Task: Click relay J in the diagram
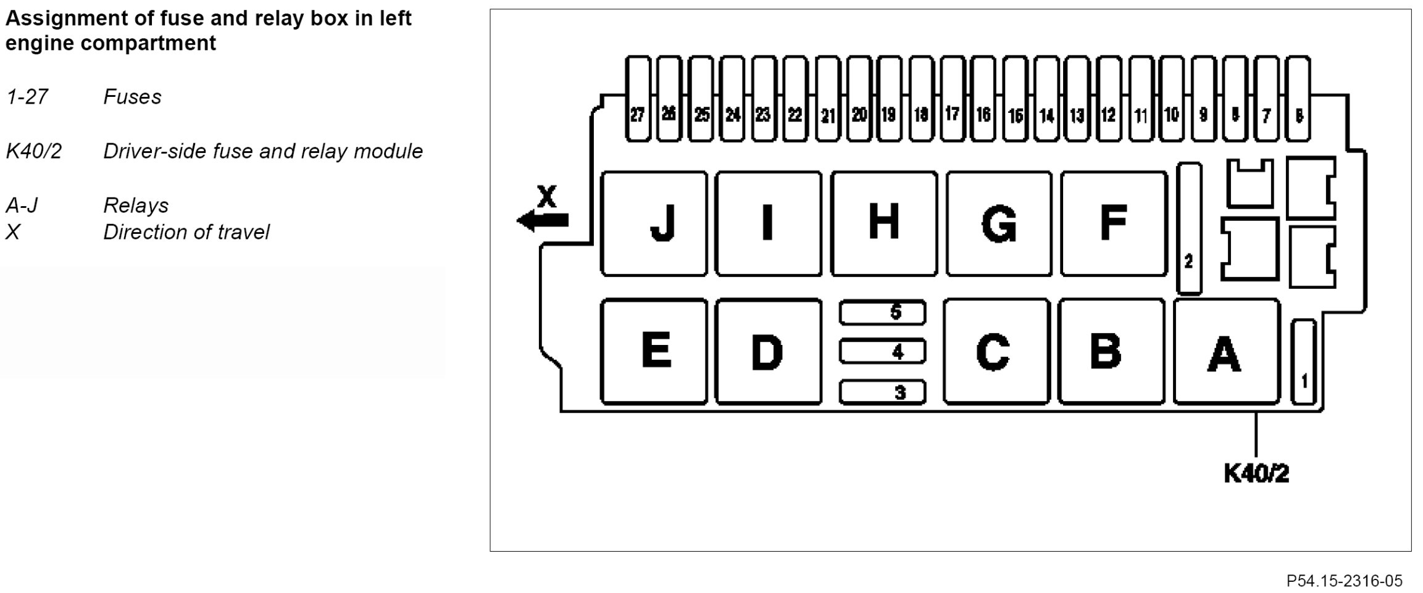coord(654,223)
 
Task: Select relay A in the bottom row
coord(1226,352)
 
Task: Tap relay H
coord(883,223)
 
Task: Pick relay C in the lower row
coord(996,352)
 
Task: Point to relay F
coord(1114,223)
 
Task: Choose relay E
coord(654,352)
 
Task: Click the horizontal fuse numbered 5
coord(882,313)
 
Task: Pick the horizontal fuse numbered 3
coord(882,392)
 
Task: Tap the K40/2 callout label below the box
coord(1256,474)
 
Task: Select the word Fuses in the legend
coord(132,97)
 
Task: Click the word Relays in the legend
coord(136,205)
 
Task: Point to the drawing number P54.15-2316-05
coord(1344,581)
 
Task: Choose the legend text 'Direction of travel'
coord(186,232)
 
